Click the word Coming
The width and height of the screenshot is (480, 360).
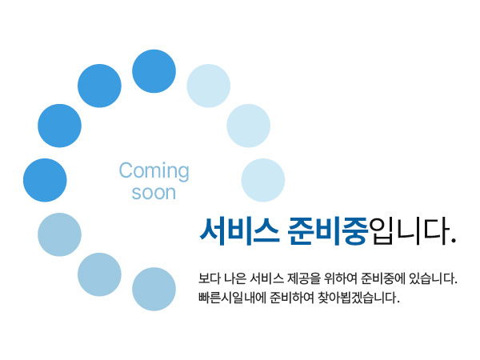(x=154, y=170)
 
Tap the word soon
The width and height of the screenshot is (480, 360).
(x=154, y=193)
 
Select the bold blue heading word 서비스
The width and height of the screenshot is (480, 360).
(x=239, y=231)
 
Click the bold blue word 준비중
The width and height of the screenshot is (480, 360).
(x=327, y=231)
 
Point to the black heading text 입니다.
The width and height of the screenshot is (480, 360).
(x=413, y=231)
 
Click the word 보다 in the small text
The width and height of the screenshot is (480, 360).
(x=210, y=278)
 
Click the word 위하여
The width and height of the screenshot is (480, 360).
(x=341, y=278)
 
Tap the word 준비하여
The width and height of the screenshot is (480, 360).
(x=292, y=298)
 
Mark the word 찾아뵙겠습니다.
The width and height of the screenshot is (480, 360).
(x=358, y=298)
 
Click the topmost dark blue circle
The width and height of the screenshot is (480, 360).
(x=154, y=71)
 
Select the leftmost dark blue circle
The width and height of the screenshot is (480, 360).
(x=45, y=180)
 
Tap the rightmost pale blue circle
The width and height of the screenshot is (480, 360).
(x=263, y=180)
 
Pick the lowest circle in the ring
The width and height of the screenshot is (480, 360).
(x=154, y=289)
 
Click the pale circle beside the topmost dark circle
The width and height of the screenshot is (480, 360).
(x=209, y=86)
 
